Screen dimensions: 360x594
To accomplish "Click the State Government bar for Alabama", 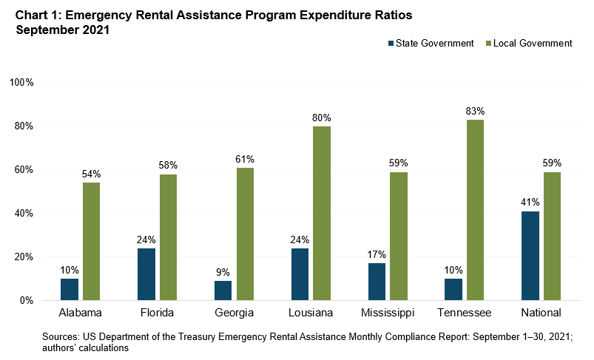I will click(x=70, y=290).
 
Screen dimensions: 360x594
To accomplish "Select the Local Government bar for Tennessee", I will click(x=476, y=210).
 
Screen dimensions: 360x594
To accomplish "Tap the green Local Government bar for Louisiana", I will click(x=322, y=214).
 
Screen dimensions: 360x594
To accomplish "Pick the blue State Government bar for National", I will click(x=530, y=256).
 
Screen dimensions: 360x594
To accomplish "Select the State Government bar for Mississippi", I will click(x=377, y=282).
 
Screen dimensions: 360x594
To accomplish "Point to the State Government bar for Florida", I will click(x=146, y=274).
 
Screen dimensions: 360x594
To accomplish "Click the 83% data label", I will click(x=476, y=111).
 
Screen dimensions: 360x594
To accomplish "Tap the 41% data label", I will click(x=530, y=202).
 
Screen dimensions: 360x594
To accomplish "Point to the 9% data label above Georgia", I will click(x=223, y=272).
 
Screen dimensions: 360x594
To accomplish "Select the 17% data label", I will click(x=377, y=254).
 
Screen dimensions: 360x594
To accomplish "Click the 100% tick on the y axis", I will click(x=21, y=82).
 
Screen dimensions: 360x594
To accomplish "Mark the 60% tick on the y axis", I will click(x=23, y=169).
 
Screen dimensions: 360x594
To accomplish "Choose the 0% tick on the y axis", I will click(x=26, y=301).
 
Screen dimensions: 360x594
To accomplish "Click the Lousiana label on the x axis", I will click(x=311, y=313).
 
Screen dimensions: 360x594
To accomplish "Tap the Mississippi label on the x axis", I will click(x=388, y=313).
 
